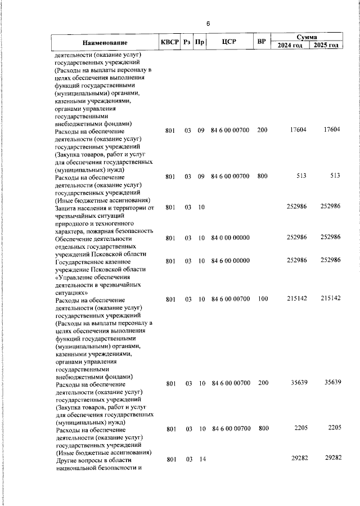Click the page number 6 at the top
click(x=208, y=24)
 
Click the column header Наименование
click(x=105, y=43)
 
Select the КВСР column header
click(x=169, y=42)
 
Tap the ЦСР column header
click(x=228, y=42)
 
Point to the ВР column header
click(x=261, y=42)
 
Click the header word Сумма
click(x=308, y=36)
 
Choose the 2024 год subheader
click(x=290, y=46)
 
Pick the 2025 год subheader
click(x=326, y=46)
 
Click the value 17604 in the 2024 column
click(x=298, y=131)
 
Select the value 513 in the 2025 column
click(x=335, y=176)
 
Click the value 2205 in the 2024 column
click(x=299, y=429)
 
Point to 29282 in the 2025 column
click(x=330, y=459)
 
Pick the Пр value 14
click(x=201, y=460)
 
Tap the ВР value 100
click(x=262, y=299)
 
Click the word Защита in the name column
click(x=66, y=208)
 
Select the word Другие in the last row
click(x=66, y=460)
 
